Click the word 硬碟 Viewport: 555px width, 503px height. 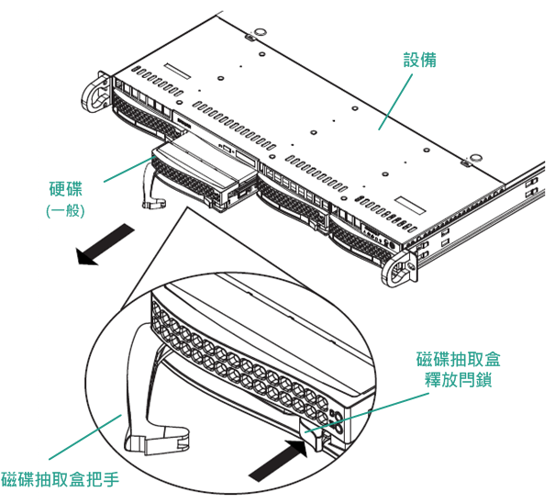pyautogui.click(x=65, y=190)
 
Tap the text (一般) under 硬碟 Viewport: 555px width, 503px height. pyautogui.click(x=65, y=210)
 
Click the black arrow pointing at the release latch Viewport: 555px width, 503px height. pyautogui.click(x=279, y=459)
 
